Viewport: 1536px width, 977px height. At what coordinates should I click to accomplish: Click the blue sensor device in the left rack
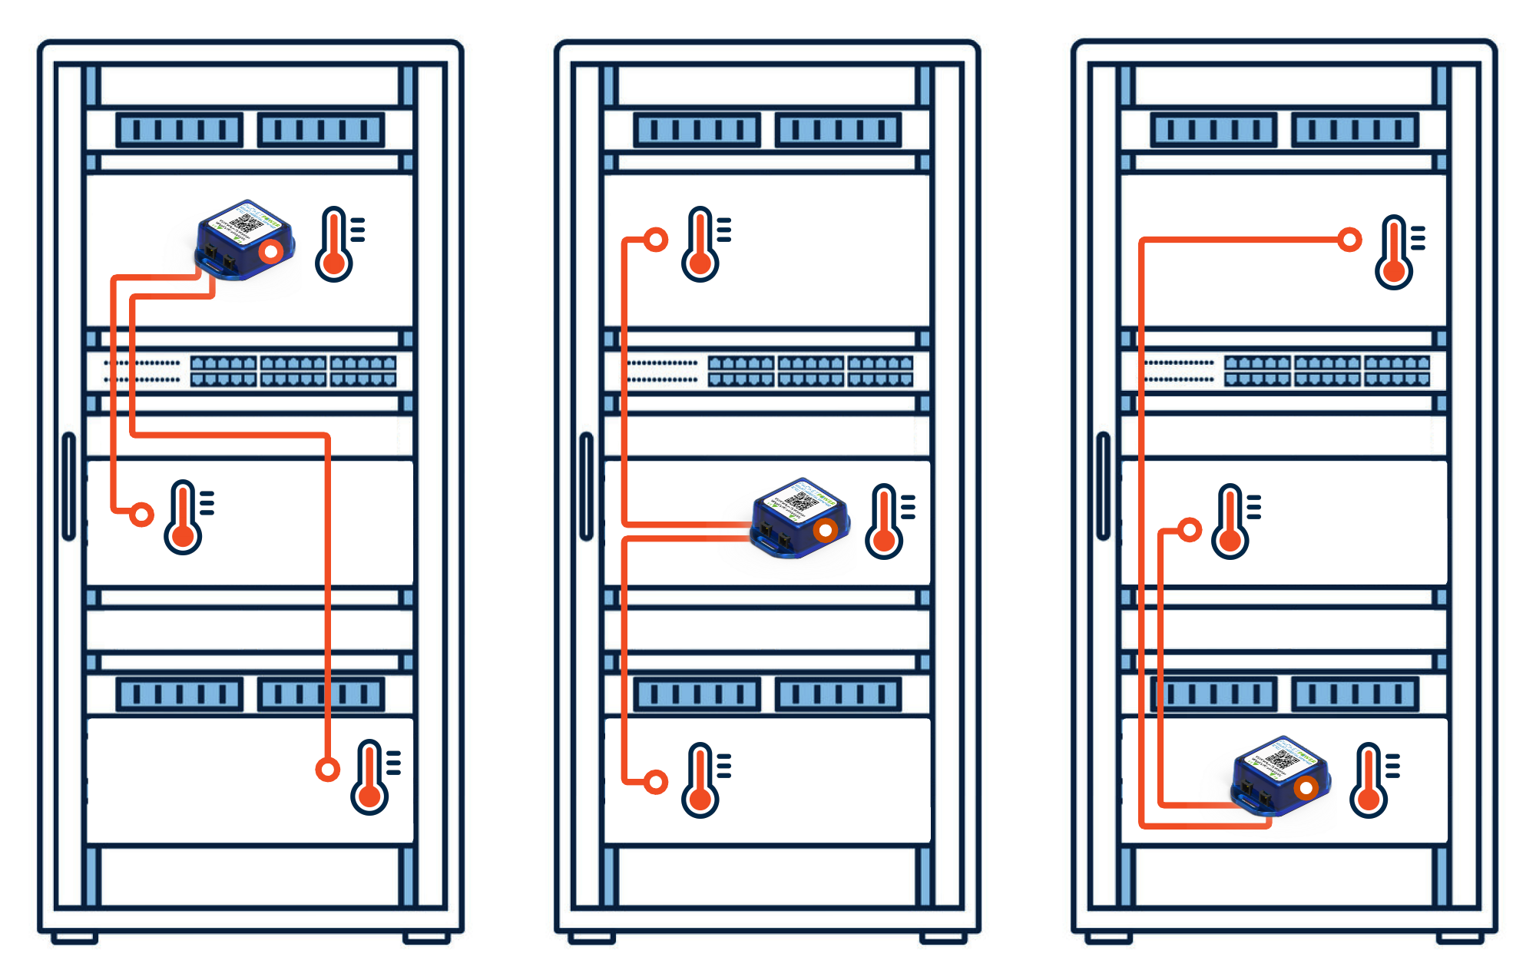pyautogui.click(x=244, y=240)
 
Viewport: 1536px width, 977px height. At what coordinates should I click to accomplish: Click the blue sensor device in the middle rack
pyautogui.click(x=799, y=518)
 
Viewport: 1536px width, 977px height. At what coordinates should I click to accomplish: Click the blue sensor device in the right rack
pyautogui.click(x=1279, y=776)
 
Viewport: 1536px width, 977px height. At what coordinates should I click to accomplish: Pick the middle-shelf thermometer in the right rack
pyautogui.click(x=1232, y=522)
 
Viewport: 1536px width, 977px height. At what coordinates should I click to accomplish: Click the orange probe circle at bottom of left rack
pyautogui.click(x=328, y=769)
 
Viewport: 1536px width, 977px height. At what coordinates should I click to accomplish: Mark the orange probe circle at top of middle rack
pyautogui.click(x=656, y=240)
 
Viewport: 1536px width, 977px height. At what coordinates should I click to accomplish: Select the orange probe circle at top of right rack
pyautogui.click(x=1349, y=240)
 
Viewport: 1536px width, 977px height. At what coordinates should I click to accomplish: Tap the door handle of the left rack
pyautogui.click(x=68, y=486)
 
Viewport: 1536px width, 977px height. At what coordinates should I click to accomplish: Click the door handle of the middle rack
pyautogui.click(x=586, y=486)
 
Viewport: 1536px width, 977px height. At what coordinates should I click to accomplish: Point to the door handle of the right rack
pyautogui.click(x=1104, y=486)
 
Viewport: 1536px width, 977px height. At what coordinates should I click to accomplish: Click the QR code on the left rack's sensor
pyautogui.click(x=246, y=224)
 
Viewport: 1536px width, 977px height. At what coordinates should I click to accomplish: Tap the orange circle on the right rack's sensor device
pyautogui.click(x=1306, y=788)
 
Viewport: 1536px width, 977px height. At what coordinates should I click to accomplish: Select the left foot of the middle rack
pyautogui.click(x=591, y=938)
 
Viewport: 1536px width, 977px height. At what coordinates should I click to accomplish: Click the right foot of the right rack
pyautogui.click(x=1460, y=938)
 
